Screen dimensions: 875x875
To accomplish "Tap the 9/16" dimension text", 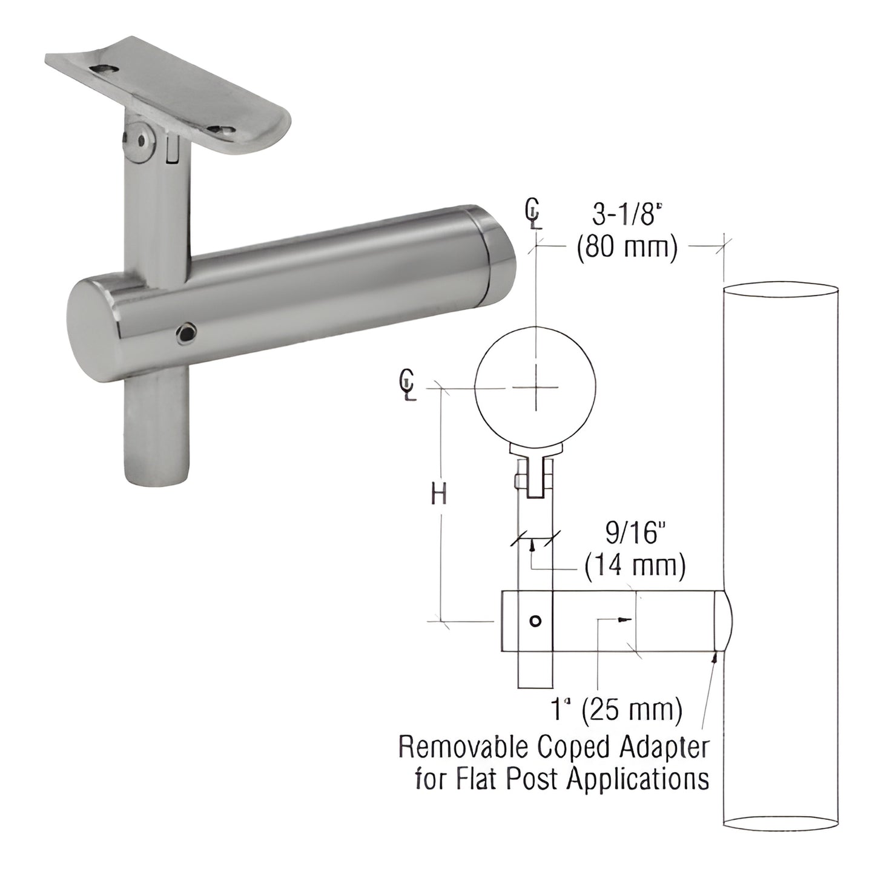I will coord(630,535).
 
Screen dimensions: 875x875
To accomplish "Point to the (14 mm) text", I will coord(635,566).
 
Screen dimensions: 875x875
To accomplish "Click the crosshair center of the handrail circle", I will coord(535,388).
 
